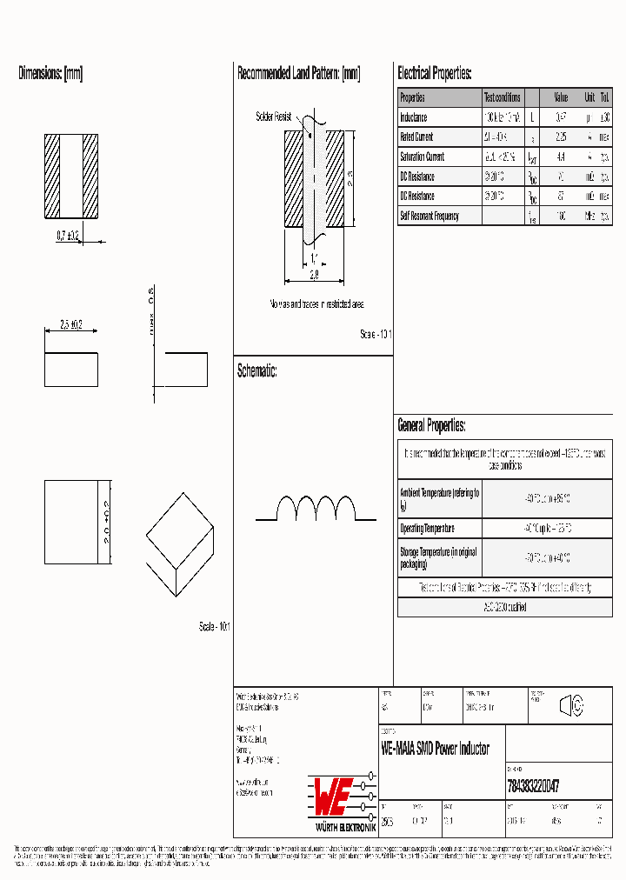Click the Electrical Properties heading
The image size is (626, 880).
coord(434,74)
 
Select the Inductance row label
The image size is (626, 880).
coord(413,117)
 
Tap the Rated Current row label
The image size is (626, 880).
coord(416,137)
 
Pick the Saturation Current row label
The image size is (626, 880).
coord(422,157)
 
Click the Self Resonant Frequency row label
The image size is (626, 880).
coord(429,216)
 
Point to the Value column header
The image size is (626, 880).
coord(561,97)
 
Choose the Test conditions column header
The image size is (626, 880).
coord(503,97)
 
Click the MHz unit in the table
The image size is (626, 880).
coord(589,216)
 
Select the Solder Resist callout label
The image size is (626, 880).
coord(273,116)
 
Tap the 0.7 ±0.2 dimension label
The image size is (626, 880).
coord(67,236)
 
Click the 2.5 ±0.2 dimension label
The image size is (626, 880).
coord(70,324)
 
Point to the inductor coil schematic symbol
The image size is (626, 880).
coord(316,508)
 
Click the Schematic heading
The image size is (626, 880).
coord(256,371)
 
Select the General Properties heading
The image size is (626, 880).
coord(431,426)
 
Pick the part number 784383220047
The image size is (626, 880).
coord(532,784)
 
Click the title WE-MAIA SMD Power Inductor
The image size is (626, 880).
coord(435,749)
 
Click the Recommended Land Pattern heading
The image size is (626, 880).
coord(298,74)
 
